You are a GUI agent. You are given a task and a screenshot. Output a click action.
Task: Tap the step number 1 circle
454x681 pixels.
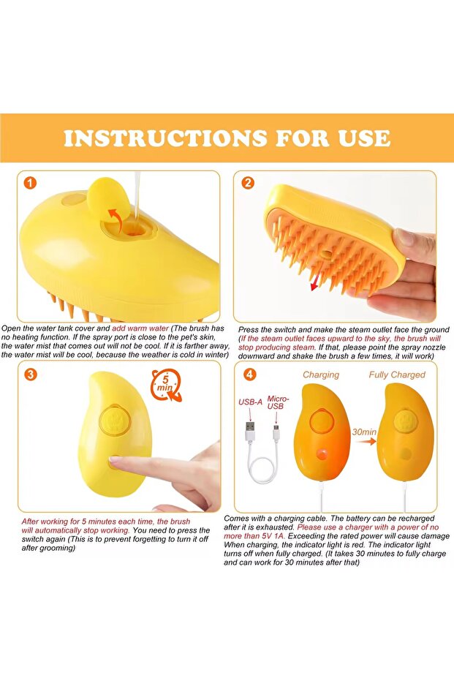[x=30, y=184]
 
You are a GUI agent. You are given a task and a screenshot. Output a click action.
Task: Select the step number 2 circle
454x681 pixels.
[x=247, y=183]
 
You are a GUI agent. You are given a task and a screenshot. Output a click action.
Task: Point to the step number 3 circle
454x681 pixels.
[x=30, y=375]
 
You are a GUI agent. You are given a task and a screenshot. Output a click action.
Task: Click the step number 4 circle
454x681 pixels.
[x=249, y=374]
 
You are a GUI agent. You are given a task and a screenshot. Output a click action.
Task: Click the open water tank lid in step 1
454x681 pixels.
[x=108, y=199]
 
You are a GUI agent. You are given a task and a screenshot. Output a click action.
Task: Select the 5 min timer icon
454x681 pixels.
[x=165, y=385]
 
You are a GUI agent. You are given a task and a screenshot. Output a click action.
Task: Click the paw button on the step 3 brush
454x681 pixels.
[x=115, y=420]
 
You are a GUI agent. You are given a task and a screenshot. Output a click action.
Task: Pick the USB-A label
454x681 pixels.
[x=250, y=402]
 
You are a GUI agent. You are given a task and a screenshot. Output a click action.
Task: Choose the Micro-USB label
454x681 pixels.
[x=277, y=402]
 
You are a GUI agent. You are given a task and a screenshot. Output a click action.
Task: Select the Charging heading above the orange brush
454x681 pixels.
[x=321, y=375]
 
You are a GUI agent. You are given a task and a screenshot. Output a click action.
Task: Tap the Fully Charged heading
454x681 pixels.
[x=397, y=375]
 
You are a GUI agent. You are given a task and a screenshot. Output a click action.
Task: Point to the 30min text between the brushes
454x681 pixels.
[x=364, y=432]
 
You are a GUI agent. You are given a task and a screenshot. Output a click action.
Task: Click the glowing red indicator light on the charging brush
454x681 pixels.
[x=322, y=454]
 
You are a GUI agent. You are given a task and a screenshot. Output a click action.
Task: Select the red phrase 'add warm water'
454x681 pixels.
[x=140, y=328]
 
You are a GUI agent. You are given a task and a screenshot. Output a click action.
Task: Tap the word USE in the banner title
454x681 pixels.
[x=364, y=138]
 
